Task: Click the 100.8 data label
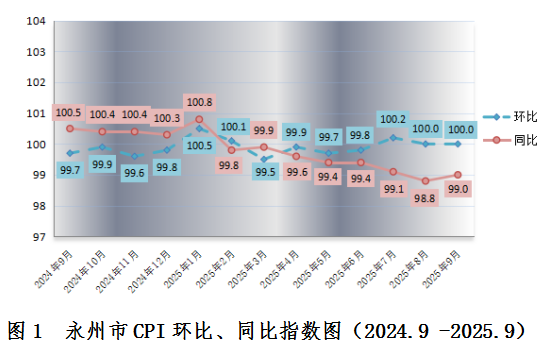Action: point(199,102)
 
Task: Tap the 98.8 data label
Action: point(424,198)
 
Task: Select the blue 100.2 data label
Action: point(393,119)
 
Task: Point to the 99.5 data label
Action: point(265,172)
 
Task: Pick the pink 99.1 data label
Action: point(394,189)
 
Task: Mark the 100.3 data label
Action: point(167,118)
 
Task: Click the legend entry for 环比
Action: point(510,117)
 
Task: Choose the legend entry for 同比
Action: point(510,140)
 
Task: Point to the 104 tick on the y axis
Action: point(36,21)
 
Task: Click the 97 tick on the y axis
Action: point(39,237)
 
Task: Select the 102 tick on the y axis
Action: point(36,82)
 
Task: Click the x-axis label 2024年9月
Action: point(54,269)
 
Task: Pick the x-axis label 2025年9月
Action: point(441,269)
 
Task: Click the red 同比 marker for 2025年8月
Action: point(425,181)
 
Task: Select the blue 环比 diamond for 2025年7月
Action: point(393,138)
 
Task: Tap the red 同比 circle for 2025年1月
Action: point(199,119)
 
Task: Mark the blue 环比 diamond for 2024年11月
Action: point(134,156)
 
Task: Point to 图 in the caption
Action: point(16,331)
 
